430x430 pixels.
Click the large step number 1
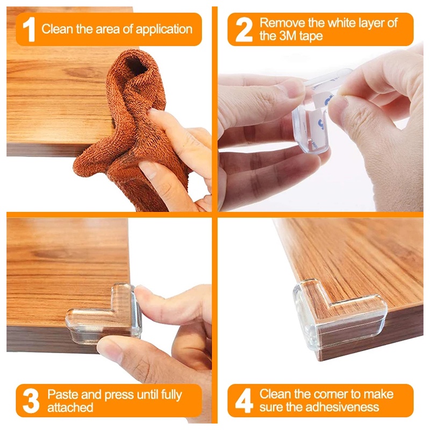click(x=29, y=30)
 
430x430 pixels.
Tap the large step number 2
click(x=244, y=30)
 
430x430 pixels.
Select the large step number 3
click(x=31, y=401)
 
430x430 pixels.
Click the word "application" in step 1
click(x=164, y=30)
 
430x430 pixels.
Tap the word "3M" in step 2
click(x=288, y=36)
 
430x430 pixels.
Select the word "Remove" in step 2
click(x=282, y=23)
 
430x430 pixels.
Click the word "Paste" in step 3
click(x=63, y=395)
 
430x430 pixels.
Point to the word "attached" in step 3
click(x=70, y=407)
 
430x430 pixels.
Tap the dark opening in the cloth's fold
click(x=135, y=66)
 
